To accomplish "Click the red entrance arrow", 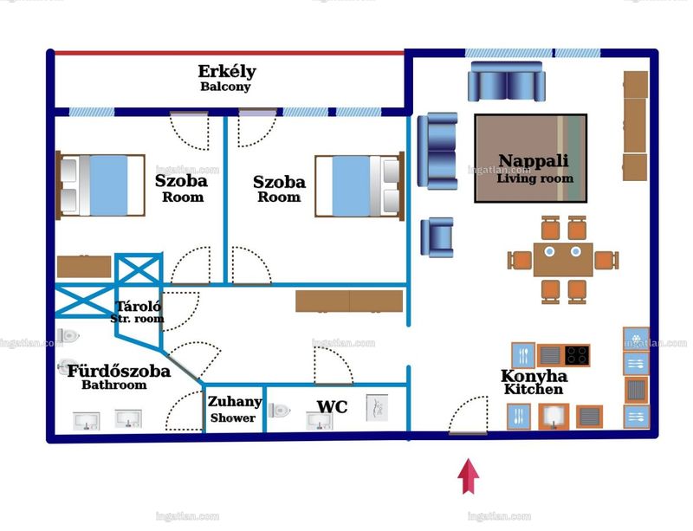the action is tap(468, 476).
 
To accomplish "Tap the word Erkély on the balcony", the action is tap(227, 72).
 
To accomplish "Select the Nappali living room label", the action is tap(534, 168).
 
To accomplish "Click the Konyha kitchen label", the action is tap(534, 382).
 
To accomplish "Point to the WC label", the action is tap(332, 407).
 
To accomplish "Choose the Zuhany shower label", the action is tap(234, 409).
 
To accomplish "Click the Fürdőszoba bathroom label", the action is tap(119, 377).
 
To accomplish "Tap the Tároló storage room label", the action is tap(138, 312).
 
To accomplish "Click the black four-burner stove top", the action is tap(577, 355).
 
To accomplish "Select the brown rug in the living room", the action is tap(531, 159).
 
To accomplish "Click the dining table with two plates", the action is tap(562, 260).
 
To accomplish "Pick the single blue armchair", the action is tap(437, 237).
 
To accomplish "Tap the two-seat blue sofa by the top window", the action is tap(507, 81).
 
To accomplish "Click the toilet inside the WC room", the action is tap(279, 411).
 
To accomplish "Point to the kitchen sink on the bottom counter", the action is tap(554, 417).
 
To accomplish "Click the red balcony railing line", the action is tap(229, 53).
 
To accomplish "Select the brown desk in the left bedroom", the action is tap(84, 267).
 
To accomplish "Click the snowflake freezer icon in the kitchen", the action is tap(636, 339).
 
